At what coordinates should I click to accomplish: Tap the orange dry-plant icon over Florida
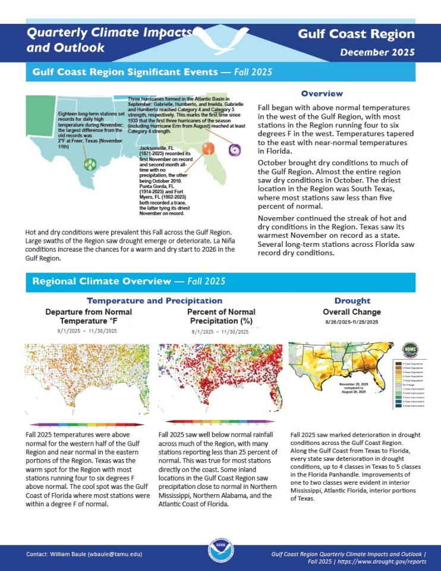(x=207, y=149)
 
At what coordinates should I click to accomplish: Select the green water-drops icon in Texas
(x=89, y=164)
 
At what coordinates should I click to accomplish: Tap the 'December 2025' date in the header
(x=377, y=52)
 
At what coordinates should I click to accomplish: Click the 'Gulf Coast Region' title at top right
(x=357, y=34)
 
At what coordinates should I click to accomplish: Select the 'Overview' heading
(x=322, y=93)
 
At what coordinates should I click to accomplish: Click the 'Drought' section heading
(x=352, y=301)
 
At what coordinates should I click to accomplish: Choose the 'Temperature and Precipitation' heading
(x=155, y=301)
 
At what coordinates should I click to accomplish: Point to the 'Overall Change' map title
(x=352, y=312)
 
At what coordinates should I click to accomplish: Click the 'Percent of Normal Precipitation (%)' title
(x=221, y=316)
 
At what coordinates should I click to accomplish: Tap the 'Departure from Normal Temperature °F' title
(x=89, y=316)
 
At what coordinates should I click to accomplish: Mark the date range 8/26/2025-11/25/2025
(x=352, y=322)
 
